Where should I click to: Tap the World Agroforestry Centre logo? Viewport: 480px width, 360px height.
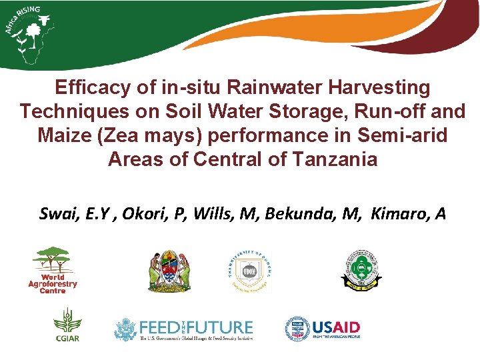tap(53, 270)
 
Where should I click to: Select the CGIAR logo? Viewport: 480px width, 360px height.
tap(67, 325)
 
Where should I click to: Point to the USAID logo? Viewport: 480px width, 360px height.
tap(323, 329)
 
